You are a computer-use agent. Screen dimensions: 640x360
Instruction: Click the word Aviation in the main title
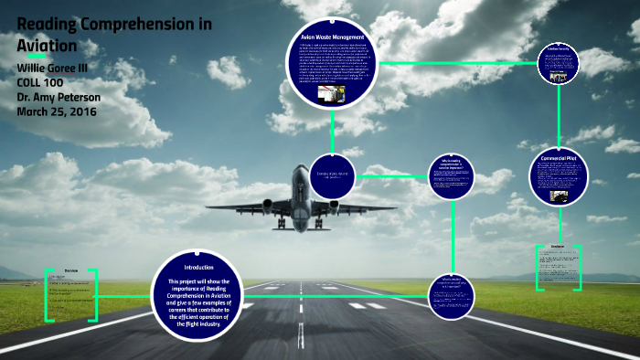pos(51,45)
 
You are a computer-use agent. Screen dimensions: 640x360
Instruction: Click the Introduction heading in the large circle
pos(198,267)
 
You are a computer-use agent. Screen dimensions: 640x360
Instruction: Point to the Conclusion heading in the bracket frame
pos(558,247)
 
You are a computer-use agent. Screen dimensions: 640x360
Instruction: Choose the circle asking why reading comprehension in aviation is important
pos(450,176)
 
